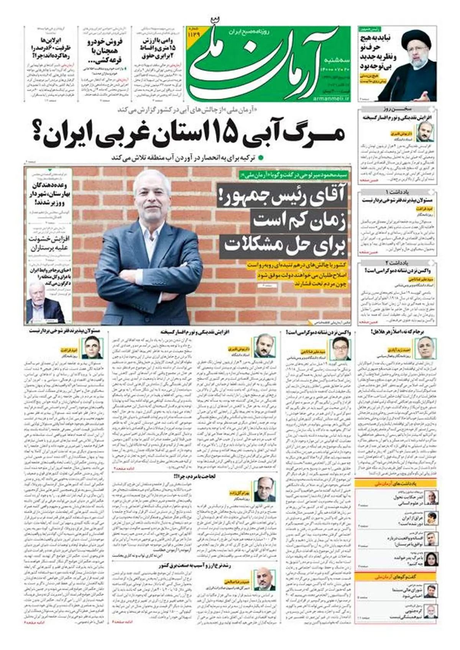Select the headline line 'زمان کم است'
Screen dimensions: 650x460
(299, 221)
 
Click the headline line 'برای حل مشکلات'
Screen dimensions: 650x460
(284, 244)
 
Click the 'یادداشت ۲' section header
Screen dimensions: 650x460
(398, 263)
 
